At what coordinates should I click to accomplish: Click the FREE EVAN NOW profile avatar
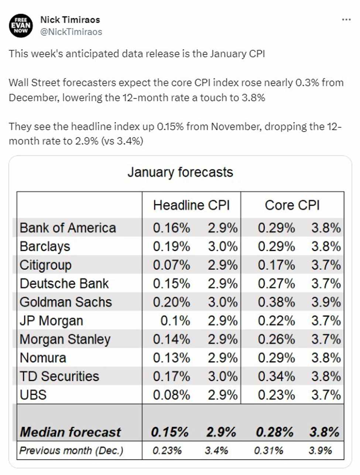coord(21,25)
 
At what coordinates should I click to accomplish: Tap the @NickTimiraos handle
coord(71,32)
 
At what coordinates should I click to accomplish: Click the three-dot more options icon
coord(346,20)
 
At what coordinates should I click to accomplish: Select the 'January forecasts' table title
coord(180,172)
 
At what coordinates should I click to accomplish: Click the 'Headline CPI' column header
coord(191,205)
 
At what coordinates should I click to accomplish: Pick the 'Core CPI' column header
coord(292,205)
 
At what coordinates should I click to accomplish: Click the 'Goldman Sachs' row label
coord(66,302)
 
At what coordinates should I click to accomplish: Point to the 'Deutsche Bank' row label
coord(64,284)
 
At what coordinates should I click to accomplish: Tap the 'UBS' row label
coord(33,395)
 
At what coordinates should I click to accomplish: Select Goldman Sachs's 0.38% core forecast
coord(276,302)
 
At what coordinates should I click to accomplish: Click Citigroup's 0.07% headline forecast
coord(171,265)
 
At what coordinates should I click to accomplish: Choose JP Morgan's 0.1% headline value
coord(175,321)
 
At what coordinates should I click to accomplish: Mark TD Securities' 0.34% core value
coord(276,376)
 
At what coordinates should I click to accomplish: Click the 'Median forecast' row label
coord(70,432)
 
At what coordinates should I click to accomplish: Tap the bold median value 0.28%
coord(274,432)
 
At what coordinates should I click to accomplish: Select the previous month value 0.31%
coord(268,451)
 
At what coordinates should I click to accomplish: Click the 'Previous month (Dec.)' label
coord(71,451)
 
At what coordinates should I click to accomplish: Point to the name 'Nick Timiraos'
coord(70,20)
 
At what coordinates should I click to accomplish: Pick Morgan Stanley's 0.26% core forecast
coord(276,339)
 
